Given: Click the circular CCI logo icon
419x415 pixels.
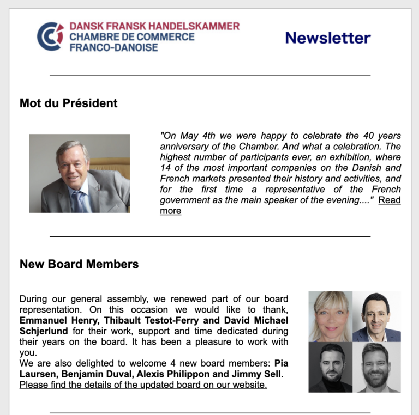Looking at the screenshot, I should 50,36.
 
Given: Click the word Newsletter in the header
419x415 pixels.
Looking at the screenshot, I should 327,38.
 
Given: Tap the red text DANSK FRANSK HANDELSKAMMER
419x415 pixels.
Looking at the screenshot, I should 154,26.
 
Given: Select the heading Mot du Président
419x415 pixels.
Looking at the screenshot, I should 68,103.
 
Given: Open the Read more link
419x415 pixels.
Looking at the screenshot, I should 390,200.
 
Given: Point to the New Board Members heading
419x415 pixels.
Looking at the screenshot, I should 79,264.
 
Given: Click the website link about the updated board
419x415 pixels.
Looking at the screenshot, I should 143,385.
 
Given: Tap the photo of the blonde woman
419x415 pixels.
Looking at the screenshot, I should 331,316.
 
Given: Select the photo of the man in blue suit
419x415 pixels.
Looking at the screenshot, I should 376,316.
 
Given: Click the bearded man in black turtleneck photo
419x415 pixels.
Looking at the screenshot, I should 331,367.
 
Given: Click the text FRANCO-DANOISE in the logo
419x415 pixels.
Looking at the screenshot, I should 113,47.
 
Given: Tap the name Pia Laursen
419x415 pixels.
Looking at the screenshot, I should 281,363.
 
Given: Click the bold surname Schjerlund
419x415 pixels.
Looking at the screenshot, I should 44,331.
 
